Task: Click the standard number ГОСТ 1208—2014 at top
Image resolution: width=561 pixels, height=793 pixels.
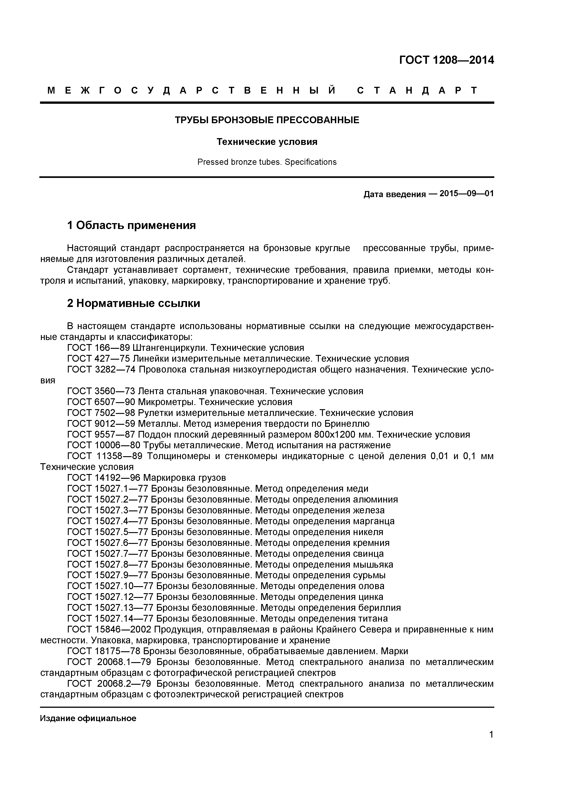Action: (446, 60)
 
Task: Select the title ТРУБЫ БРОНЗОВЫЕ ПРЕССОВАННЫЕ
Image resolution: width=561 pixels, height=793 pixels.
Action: (267, 120)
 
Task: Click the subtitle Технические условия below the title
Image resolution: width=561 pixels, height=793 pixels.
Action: (267, 142)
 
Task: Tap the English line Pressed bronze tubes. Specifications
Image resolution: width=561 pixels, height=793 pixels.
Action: (267, 162)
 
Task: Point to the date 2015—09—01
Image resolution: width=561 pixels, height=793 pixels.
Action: (466, 194)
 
